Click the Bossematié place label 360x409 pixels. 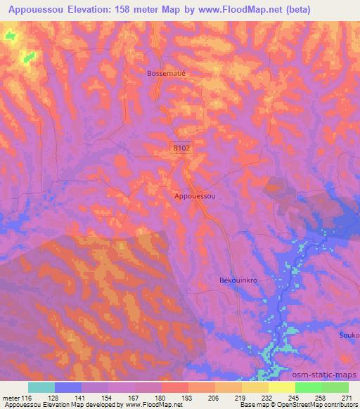(x=166, y=72)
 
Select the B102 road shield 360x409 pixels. (x=181, y=148)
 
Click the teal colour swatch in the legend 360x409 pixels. (x=41, y=388)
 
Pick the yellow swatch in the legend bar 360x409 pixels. (x=281, y=388)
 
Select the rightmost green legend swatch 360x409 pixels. (x=335, y=388)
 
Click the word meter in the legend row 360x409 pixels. (x=11, y=398)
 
